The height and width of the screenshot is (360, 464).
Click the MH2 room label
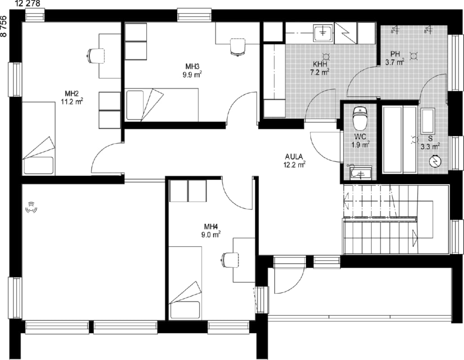click(71, 94)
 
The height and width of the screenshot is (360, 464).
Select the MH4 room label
click(211, 227)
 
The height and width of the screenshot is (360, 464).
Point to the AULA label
click(294, 157)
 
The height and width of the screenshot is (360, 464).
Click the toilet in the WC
click(360, 118)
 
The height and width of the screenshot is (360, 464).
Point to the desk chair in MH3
click(238, 47)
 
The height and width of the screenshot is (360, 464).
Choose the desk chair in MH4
click(230, 260)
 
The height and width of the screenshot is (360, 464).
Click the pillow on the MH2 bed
click(39, 166)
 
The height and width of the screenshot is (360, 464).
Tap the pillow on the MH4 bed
click(185, 310)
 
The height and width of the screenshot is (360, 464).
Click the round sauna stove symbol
click(435, 162)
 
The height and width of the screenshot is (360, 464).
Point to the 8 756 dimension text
click(3, 26)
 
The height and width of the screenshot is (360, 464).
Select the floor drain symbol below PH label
click(413, 56)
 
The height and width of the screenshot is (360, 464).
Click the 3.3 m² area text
click(430, 146)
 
